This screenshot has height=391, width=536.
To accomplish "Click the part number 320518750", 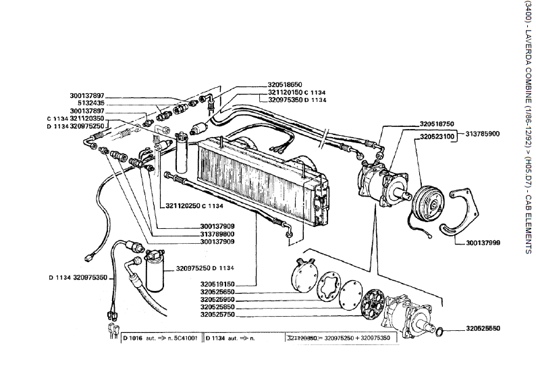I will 436,124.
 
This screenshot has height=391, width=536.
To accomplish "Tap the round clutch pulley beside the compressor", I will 428,201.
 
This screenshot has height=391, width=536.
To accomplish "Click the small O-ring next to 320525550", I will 439,331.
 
